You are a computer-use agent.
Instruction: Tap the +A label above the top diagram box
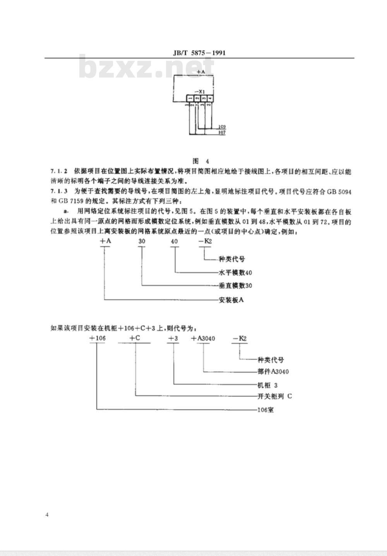pyautogui.click(x=200, y=72)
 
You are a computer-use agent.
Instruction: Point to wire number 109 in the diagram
pyautogui.click(x=222, y=127)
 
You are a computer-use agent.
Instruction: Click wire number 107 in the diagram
pyautogui.click(x=222, y=133)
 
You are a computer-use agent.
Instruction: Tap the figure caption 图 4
pyautogui.click(x=201, y=161)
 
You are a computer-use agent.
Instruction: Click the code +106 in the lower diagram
pyautogui.click(x=97, y=338)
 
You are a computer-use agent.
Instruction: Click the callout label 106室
pyautogui.click(x=265, y=409)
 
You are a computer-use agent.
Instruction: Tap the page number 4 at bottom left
pyautogui.click(x=47, y=515)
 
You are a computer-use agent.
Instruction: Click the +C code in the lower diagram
pyautogui.click(x=135, y=338)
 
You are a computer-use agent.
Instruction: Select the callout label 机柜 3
pyautogui.click(x=267, y=385)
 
